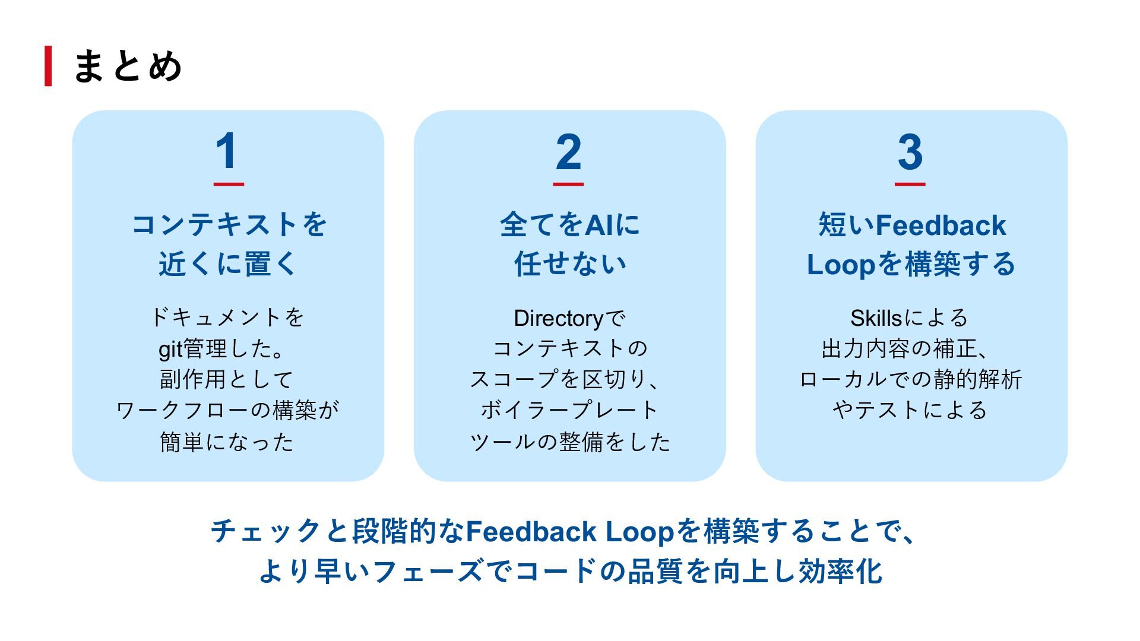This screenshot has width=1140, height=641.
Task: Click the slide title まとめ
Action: (127, 66)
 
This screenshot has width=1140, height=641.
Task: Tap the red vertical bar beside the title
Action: (48, 66)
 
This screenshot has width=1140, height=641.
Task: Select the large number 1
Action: (227, 151)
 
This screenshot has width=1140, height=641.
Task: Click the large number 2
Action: (569, 151)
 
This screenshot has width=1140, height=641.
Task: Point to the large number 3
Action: (910, 151)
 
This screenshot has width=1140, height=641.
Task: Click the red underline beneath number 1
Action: (229, 184)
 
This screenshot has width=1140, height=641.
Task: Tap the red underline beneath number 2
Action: (568, 184)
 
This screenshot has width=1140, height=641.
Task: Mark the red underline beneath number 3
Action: (910, 184)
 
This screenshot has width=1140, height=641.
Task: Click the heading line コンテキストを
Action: (229, 225)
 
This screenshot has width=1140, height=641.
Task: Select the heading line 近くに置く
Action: (227, 264)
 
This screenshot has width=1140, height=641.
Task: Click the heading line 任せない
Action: (570, 264)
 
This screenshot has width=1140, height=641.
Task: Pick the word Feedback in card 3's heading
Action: (940, 226)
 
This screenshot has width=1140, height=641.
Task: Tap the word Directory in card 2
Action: (558, 319)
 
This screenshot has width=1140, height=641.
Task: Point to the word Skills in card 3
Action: (876, 318)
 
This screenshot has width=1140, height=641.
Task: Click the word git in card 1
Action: (170, 349)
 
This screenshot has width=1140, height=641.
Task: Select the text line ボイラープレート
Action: (569, 410)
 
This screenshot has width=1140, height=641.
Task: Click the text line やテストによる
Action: (910, 410)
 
